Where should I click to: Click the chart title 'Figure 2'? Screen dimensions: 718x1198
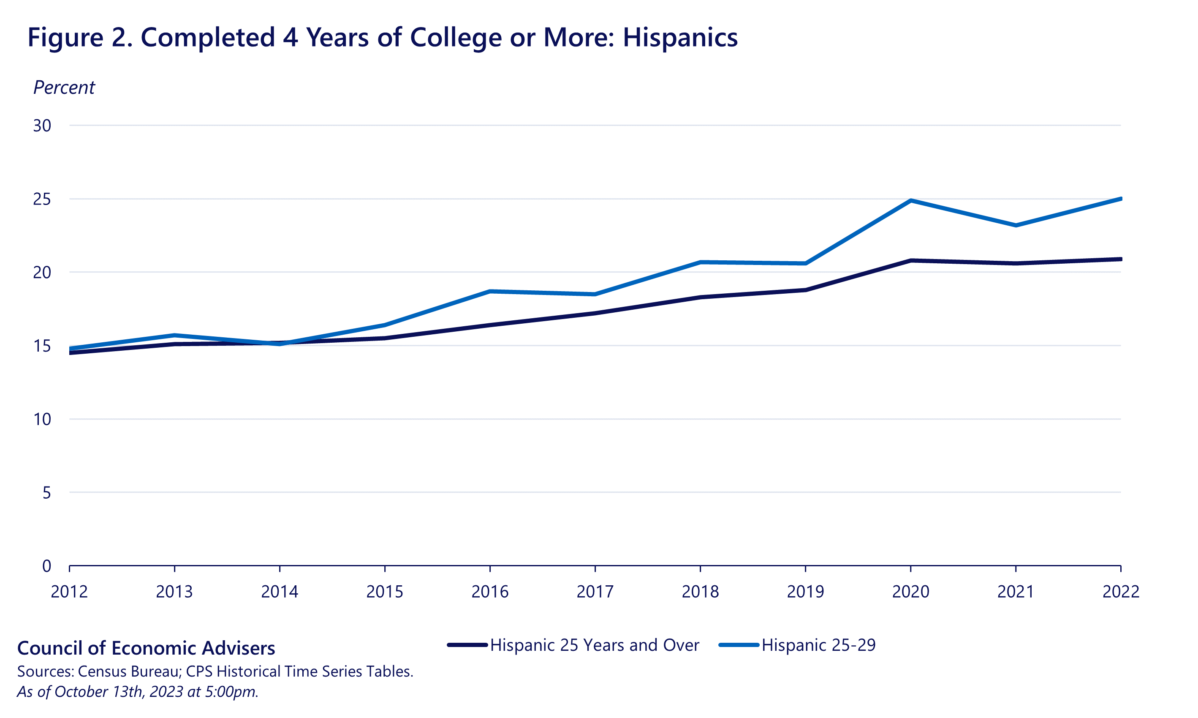click(382, 37)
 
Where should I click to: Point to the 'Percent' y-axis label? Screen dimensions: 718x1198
click(64, 87)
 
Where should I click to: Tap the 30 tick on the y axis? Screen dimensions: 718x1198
click(42, 126)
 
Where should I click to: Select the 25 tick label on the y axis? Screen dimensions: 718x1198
click(42, 199)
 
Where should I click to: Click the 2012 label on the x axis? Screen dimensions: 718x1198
click(69, 592)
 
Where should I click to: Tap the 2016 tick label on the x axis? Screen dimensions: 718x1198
click(490, 592)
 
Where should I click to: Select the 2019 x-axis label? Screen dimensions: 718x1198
click(805, 592)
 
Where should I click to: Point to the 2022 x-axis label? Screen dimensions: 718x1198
click(1121, 592)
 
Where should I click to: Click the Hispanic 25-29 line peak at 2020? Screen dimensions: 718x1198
click(911, 200)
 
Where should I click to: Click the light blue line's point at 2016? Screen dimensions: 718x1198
click(490, 291)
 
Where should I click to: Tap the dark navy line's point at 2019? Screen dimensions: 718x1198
click(805, 290)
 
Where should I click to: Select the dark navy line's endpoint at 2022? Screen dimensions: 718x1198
click(1120, 259)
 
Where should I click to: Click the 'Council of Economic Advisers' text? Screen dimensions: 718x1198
click(146, 648)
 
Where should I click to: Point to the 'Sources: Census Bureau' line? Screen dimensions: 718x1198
click(215, 672)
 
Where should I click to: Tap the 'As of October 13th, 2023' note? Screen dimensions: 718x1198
click(138, 692)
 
